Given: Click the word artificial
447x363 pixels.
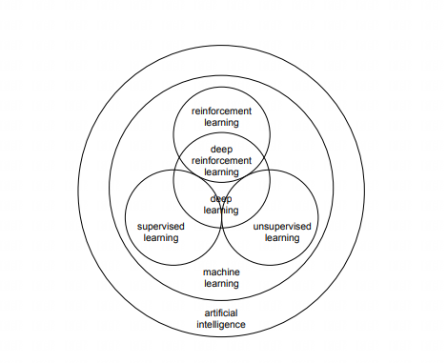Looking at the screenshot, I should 221,313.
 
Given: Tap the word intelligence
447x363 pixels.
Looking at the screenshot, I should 221,325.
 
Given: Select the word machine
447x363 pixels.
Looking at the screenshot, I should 221,272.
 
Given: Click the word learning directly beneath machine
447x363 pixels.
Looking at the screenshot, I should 221,284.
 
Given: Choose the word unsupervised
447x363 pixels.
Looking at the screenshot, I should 282,226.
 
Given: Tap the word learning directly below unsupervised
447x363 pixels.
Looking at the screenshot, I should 282,237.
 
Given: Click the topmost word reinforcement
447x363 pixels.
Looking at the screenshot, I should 221,111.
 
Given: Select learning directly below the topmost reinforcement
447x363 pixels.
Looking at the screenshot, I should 221,123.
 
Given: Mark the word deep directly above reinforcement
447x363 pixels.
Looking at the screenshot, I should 221,149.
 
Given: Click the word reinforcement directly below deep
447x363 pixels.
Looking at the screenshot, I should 221,160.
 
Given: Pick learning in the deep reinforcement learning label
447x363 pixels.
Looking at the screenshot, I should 221,172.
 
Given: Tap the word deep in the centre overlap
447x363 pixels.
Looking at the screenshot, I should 221,198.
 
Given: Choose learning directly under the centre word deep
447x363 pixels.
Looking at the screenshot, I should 221,210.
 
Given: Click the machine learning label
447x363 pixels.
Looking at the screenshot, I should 221,278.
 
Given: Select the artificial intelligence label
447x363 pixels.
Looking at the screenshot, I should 221,319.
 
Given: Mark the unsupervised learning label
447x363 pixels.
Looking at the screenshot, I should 282,232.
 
